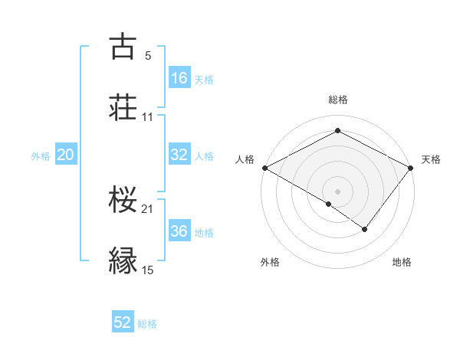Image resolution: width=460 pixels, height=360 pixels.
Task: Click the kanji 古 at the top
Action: (123, 47)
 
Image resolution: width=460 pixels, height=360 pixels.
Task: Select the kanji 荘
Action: (123, 107)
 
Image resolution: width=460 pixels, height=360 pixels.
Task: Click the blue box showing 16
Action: (179, 78)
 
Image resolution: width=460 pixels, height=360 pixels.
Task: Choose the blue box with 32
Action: (179, 155)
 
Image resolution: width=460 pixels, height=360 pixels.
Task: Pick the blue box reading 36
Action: (179, 231)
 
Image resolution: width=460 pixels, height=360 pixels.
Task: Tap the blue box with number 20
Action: (65, 155)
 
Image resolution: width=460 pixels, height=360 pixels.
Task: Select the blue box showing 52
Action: (123, 322)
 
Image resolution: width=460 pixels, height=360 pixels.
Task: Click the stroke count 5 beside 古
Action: (148, 56)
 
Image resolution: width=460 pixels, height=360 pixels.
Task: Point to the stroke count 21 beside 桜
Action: (148, 209)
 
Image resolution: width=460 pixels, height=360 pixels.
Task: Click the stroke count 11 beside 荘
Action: (148, 117)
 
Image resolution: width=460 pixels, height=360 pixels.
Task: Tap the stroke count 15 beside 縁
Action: (148, 270)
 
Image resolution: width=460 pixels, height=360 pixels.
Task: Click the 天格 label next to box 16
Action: (204, 79)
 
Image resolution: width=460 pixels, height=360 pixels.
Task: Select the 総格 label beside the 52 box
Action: (147, 324)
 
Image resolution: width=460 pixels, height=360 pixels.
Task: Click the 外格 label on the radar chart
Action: (270, 262)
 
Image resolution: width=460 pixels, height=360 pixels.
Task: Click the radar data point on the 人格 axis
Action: (264, 168)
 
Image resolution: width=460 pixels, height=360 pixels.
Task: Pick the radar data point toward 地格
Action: (365, 229)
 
